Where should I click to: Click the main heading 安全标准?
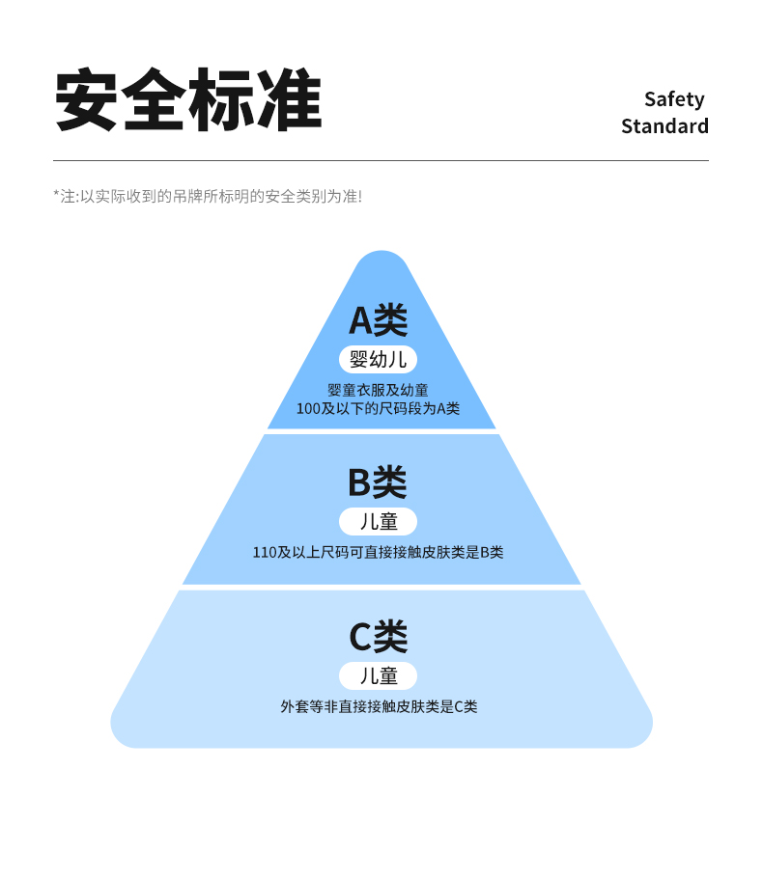(187, 99)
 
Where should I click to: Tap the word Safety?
(674, 99)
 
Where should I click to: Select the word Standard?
(664, 126)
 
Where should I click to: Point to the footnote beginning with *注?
(208, 196)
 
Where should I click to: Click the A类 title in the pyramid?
(378, 319)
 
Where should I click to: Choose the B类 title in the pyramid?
(378, 481)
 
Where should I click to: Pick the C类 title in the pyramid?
(378, 637)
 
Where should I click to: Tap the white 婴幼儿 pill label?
(378, 360)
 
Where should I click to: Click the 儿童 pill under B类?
(378, 522)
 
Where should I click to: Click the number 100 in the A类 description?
(308, 408)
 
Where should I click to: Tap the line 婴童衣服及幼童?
(378, 390)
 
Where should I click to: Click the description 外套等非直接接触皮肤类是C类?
(379, 706)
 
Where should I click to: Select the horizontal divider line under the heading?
(381, 160)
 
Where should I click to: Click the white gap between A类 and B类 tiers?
(381, 431)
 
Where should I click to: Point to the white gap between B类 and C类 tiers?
(381, 587)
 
